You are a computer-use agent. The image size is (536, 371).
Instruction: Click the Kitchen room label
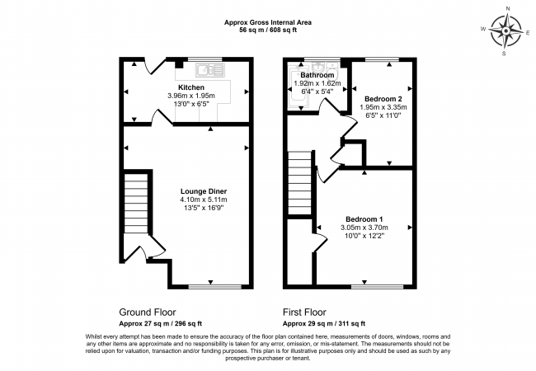(190, 87)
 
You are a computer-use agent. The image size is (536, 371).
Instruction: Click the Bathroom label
(317, 75)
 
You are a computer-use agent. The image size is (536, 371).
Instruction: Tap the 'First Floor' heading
(304, 312)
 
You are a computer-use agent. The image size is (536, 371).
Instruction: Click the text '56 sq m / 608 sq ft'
(267, 30)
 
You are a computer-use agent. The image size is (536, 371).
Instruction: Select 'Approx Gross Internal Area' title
(267, 21)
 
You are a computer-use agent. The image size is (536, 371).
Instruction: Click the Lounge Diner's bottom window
(211, 286)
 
